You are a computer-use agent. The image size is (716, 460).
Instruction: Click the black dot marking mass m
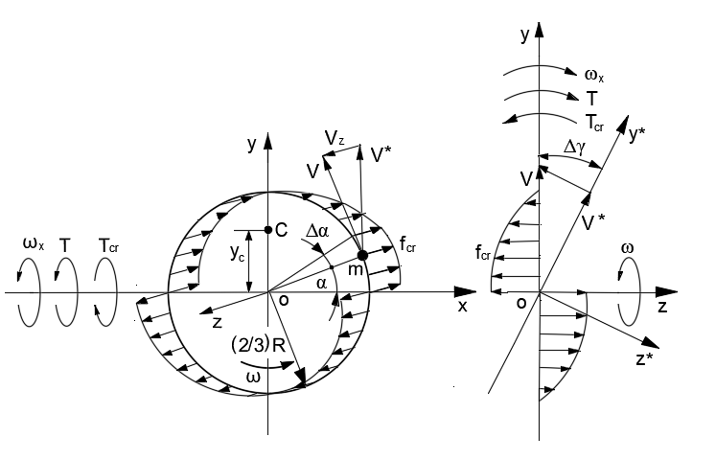[362, 256]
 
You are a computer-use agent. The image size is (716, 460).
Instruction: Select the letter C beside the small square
[282, 230]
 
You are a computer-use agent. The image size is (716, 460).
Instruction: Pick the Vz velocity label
[334, 141]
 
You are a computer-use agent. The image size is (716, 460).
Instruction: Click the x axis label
[462, 306]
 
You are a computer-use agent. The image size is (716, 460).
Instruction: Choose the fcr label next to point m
[409, 247]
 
